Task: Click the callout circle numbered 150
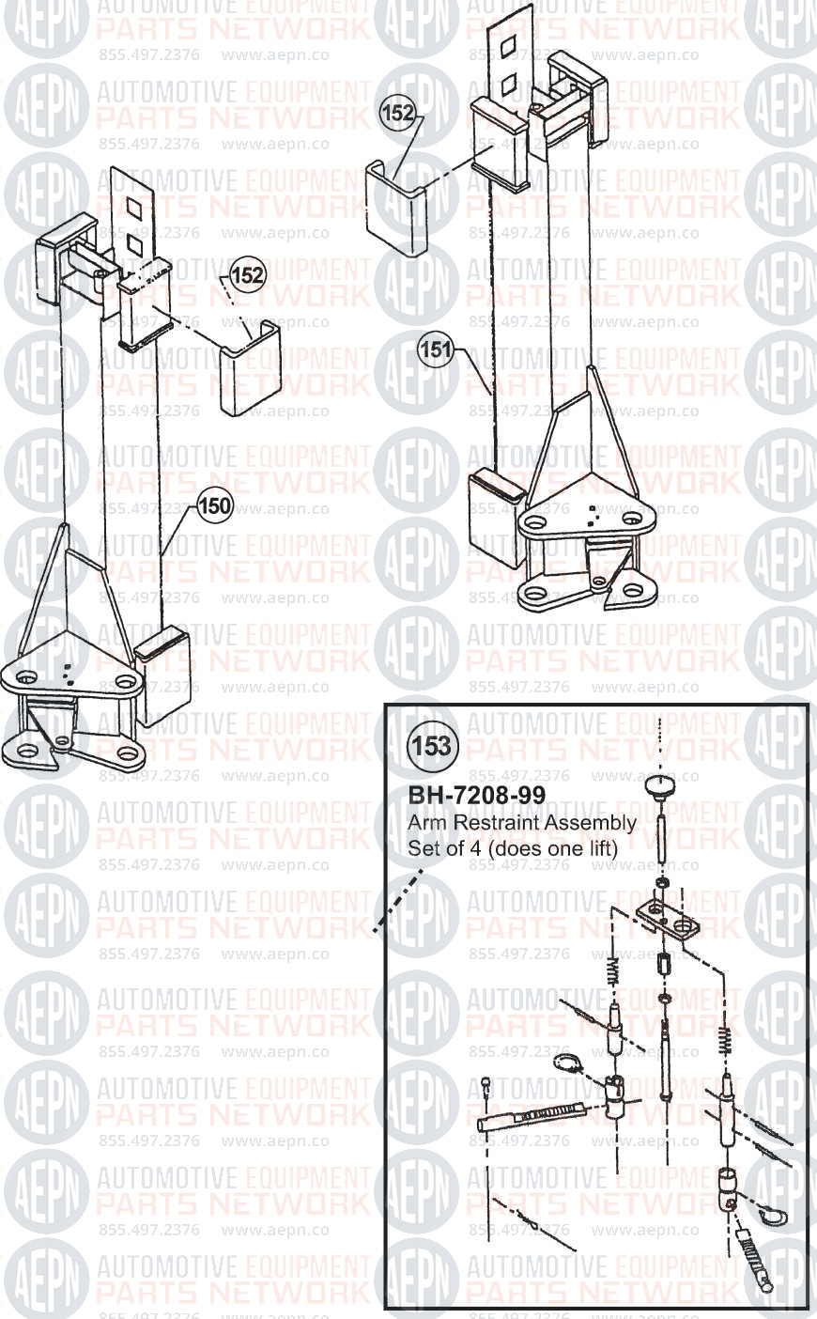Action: tap(214, 505)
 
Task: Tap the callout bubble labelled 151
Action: tap(436, 349)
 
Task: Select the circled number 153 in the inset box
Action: tap(432, 746)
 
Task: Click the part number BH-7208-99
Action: tap(477, 795)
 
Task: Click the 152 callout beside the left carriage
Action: tap(247, 274)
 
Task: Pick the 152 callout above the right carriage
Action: tap(398, 113)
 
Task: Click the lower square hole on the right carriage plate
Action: tap(505, 86)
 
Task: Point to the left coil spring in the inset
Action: tap(613, 971)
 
